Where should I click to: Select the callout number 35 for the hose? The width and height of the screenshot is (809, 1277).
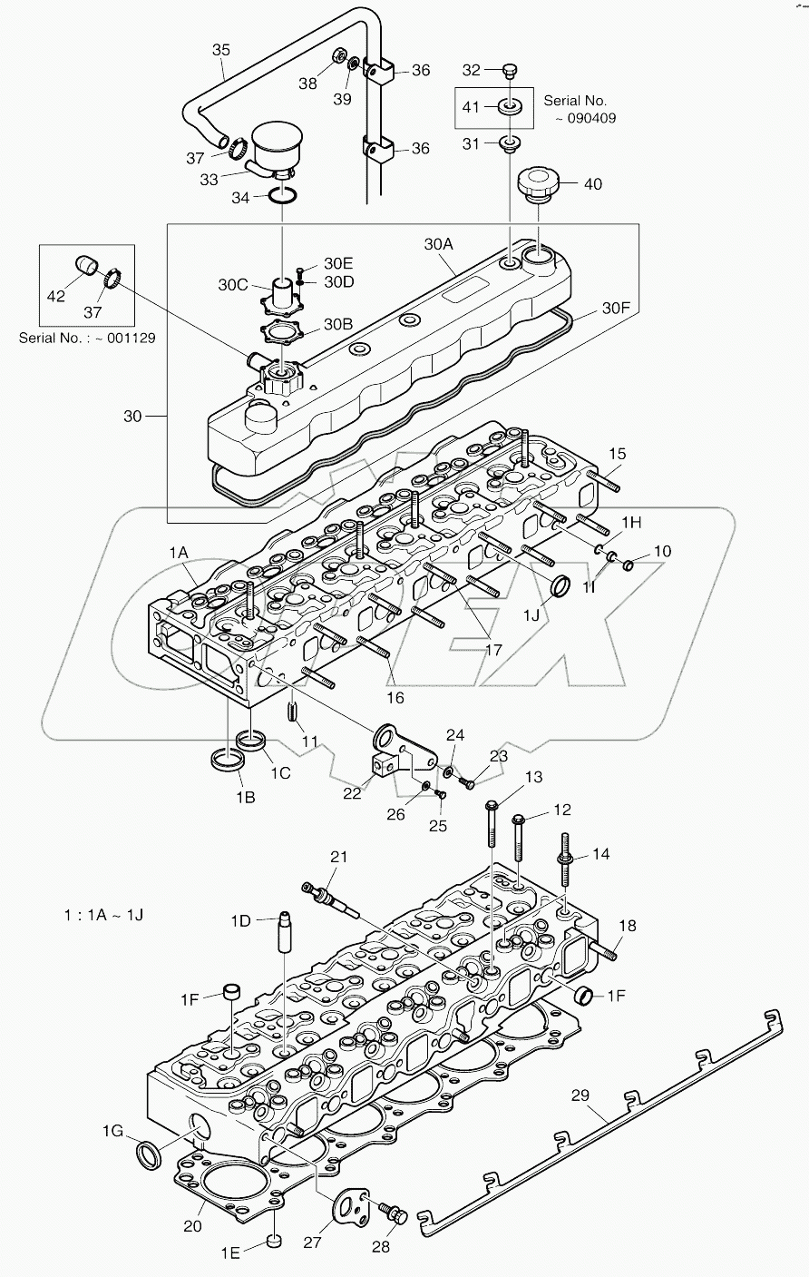point(222,49)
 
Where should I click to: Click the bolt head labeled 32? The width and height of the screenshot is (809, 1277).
point(510,69)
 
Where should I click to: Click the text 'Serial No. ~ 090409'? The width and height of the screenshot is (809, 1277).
point(579,109)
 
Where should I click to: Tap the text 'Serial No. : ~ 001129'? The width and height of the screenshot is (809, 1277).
point(87,337)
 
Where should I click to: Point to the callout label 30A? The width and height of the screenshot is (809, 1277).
point(438,244)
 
